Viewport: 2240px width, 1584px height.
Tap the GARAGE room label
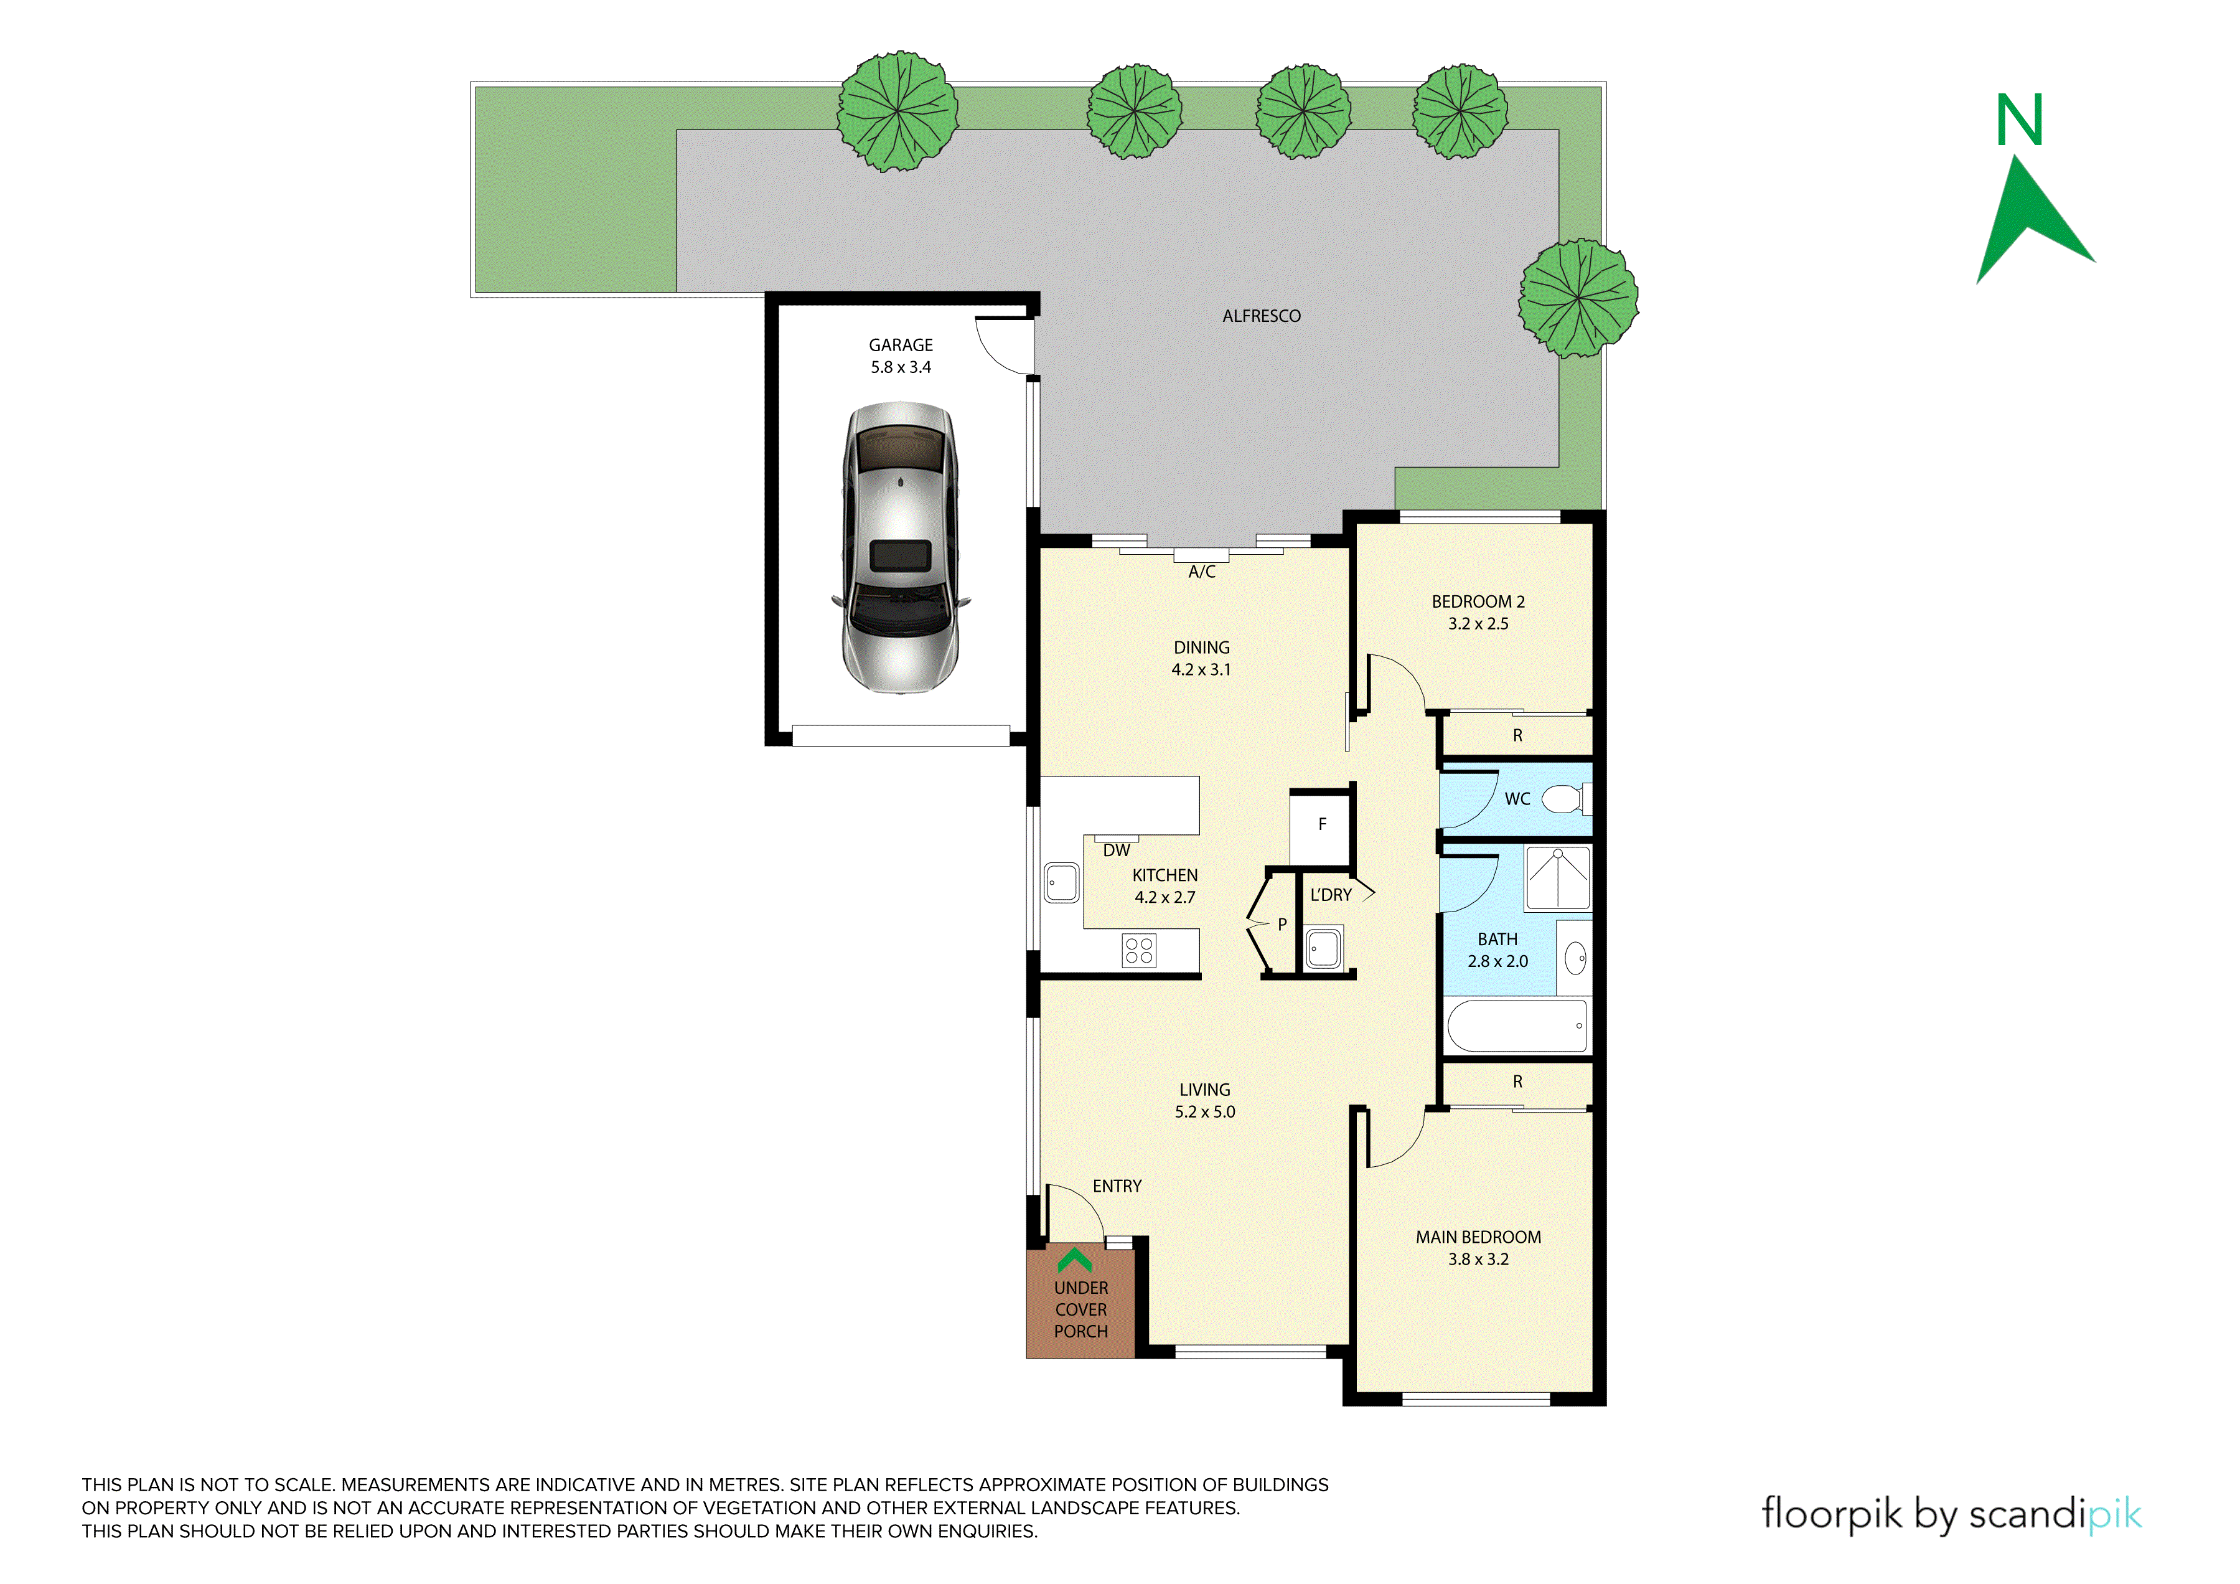coord(901,346)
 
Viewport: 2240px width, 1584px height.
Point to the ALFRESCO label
coord(1262,316)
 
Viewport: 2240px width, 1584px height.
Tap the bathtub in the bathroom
coord(1517,1025)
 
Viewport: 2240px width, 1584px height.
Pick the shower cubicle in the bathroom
coord(1558,879)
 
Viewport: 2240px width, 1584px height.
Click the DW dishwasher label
coord(1116,851)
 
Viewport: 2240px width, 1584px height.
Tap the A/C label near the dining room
coord(1202,572)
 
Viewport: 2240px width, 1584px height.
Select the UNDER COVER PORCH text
coord(1081,1310)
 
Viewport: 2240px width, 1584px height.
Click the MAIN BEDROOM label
coord(1478,1238)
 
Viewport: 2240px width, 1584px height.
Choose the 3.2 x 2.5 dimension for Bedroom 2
coord(1478,624)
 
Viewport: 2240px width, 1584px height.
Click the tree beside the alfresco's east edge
coord(1578,298)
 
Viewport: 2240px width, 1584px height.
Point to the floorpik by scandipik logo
coord(1951,1514)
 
